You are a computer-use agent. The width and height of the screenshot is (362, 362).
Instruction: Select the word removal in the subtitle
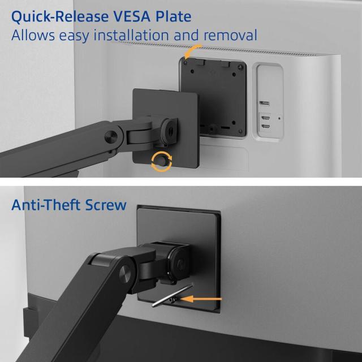pos(230,35)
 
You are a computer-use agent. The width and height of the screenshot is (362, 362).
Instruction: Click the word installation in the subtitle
pos(131,35)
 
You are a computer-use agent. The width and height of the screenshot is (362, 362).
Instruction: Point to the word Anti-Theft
pos(46,205)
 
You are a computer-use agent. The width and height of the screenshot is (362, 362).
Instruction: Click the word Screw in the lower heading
pos(106,205)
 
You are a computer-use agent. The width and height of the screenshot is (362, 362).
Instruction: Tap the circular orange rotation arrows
pos(162,161)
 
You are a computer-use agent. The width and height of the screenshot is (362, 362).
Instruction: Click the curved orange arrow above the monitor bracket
pos(192,51)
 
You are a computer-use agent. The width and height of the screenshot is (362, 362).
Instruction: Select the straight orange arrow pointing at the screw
pos(201,299)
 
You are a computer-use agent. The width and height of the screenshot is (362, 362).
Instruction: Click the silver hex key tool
pos(172,295)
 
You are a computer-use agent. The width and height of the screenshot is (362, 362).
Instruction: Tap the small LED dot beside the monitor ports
pos(279,118)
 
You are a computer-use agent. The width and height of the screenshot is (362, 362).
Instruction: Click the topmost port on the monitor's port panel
pos(264,103)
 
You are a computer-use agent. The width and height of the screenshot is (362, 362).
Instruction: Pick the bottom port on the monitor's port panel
pos(266,127)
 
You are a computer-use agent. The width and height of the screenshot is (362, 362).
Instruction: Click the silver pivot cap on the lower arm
pos(125,274)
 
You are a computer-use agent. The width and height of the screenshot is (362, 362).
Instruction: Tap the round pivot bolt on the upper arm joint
pos(111,137)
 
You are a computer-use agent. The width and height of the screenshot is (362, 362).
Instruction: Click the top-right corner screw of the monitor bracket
pos(240,67)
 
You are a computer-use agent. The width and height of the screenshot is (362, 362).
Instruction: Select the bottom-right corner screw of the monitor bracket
pos(240,132)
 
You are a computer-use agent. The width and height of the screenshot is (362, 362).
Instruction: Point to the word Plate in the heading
pos(173,16)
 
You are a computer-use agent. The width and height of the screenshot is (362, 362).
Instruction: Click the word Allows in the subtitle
pos(33,35)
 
